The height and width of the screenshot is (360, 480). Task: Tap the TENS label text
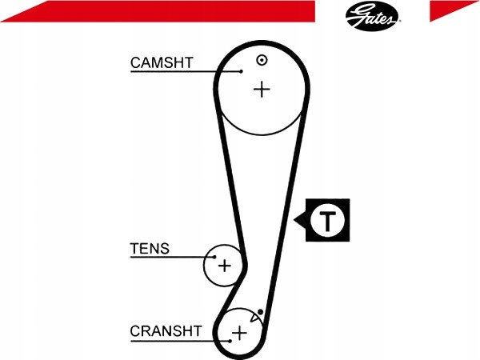150,249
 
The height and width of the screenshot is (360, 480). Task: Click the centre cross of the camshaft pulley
262,89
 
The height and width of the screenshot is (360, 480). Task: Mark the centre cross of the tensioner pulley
224,265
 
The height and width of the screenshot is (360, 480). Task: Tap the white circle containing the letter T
328,220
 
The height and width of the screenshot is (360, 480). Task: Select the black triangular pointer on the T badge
301,220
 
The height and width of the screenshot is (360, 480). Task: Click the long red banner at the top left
152,11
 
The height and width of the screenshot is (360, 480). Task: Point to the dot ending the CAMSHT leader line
241,72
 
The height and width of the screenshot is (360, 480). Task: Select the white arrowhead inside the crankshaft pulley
255,318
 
